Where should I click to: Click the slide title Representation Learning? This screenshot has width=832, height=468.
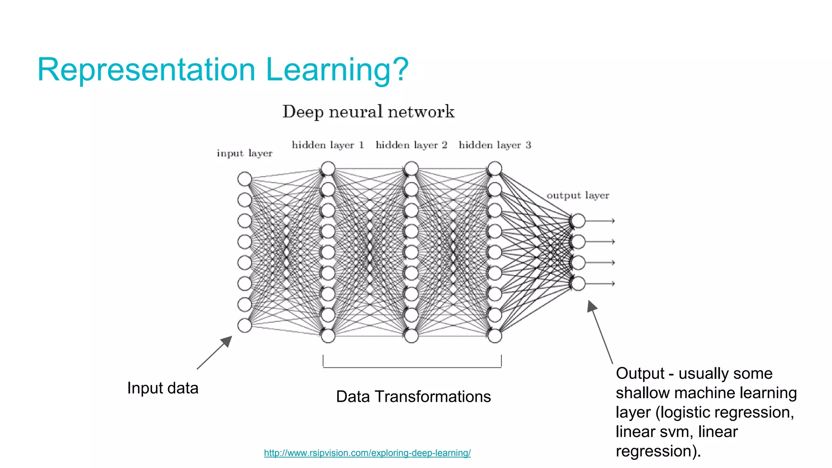[223, 70]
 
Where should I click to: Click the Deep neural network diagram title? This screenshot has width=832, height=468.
[368, 112]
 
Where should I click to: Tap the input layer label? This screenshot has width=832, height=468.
[244, 154]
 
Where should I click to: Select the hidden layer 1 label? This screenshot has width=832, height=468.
[327, 145]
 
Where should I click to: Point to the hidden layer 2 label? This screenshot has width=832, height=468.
[411, 145]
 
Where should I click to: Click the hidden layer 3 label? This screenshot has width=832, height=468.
[494, 145]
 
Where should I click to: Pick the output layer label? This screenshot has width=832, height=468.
[578, 195]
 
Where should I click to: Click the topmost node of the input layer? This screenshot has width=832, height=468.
[245, 179]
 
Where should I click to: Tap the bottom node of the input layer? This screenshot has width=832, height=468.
[245, 325]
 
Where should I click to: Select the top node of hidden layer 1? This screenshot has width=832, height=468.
[328, 168]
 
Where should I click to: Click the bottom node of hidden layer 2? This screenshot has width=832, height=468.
[411, 336]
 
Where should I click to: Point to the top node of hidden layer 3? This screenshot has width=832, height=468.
[494, 168]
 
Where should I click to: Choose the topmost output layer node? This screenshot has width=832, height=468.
[578, 221]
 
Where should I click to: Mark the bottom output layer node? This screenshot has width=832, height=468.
[578, 284]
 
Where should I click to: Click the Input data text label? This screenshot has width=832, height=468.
[162, 388]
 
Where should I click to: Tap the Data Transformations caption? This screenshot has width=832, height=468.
[413, 396]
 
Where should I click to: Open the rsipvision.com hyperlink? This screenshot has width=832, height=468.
[367, 453]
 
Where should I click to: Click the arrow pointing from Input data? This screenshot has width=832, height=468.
[214, 353]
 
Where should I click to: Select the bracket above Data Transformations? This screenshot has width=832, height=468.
[412, 367]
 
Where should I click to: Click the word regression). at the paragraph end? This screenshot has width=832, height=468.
[658, 451]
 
